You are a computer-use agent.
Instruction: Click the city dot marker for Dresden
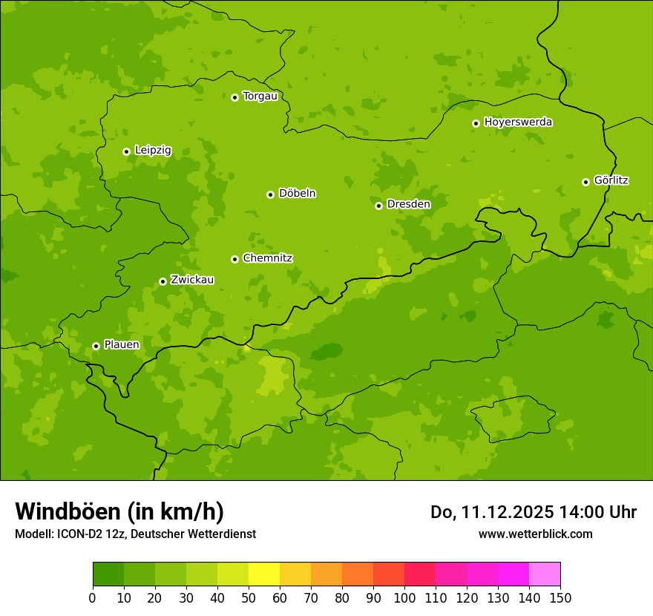click(x=378, y=206)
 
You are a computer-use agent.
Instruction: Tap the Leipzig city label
click(x=153, y=151)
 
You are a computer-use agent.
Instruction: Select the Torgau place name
click(x=260, y=96)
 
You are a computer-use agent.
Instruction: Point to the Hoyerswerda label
click(x=518, y=122)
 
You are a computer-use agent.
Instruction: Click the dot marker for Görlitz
click(x=585, y=182)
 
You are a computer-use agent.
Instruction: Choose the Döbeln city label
click(x=297, y=194)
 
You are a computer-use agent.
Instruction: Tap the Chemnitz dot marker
click(x=234, y=259)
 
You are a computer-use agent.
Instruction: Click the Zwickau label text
click(x=192, y=280)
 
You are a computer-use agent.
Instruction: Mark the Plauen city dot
click(x=96, y=346)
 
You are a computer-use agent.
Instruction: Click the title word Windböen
click(x=68, y=512)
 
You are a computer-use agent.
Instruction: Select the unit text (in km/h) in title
click(x=176, y=512)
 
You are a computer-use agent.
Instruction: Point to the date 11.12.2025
click(x=508, y=512)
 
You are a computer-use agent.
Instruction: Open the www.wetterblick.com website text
click(x=535, y=534)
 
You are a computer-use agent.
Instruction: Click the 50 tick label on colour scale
click(x=249, y=597)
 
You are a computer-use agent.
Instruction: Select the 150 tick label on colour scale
click(x=560, y=597)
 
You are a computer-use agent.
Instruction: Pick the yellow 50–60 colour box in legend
click(x=264, y=574)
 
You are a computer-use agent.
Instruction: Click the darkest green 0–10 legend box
click(x=108, y=574)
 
